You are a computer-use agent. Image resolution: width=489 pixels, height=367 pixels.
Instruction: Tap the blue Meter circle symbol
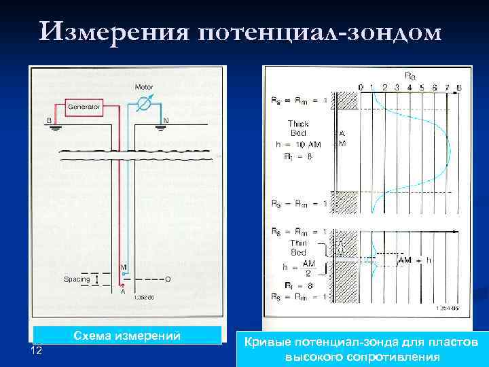[143, 104]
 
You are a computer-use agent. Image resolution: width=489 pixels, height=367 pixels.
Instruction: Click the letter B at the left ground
[49, 121]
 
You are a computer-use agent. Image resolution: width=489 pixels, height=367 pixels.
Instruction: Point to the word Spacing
[77, 279]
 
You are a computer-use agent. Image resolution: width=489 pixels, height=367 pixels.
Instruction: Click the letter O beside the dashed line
[166, 279]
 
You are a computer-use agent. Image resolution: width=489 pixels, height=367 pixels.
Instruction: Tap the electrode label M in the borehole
[124, 268]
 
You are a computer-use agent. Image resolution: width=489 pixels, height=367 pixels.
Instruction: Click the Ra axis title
[411, 75]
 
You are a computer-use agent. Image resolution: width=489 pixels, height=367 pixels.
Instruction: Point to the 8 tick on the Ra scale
[460, 87]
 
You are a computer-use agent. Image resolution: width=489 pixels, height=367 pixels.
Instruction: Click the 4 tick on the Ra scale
[410, 87]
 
